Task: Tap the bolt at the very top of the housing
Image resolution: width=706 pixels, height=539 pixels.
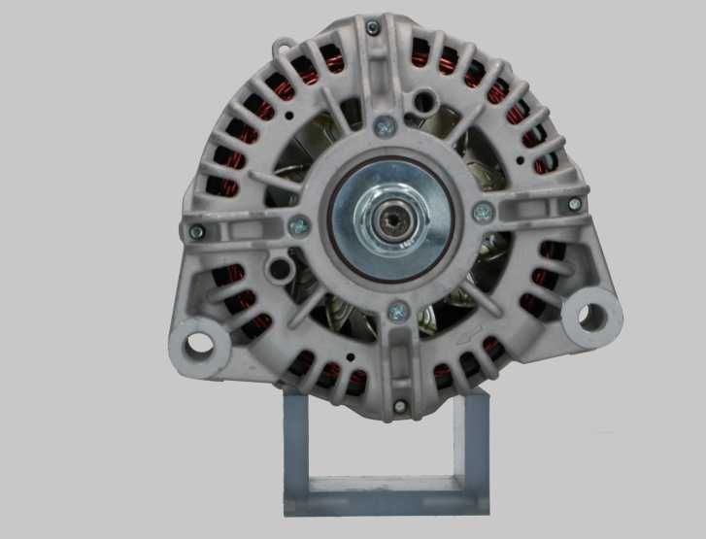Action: click(x=372, y=28)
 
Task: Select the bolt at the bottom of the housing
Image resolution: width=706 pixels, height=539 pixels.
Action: click(x=399, y=405)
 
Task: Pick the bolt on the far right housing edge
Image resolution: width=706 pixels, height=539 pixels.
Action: click(x=574, y=203)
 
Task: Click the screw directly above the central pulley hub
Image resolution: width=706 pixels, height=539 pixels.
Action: click(x=386, y=124)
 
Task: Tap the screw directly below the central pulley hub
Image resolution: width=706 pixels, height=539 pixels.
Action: click(x=396, y=312)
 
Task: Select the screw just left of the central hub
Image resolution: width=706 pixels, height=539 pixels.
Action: click(x=300, y=225)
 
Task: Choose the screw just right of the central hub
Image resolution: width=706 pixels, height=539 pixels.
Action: click(x=482, y=212)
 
